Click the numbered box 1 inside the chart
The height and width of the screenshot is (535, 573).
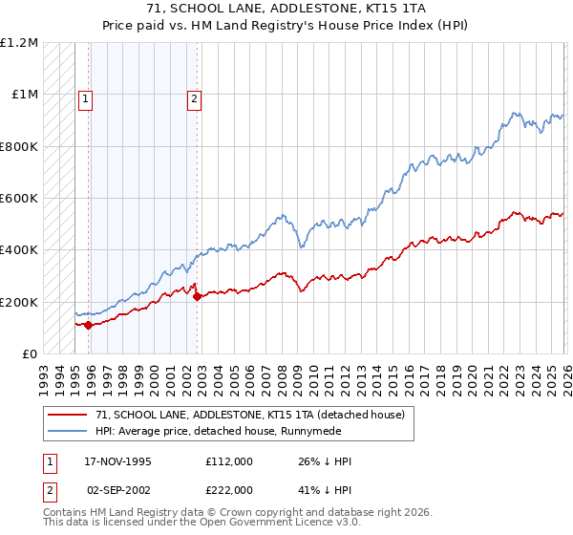click(86, 98)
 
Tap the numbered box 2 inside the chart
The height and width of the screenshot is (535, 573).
click(194, 98)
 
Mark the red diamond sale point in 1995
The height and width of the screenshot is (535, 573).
click(89, 325)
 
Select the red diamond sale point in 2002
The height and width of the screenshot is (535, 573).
click(197, 296)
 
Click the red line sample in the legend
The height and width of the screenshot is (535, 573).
click(69, 415)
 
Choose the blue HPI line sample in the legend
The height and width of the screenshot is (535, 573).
click(69, 431)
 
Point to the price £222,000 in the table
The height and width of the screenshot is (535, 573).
click(228, 489)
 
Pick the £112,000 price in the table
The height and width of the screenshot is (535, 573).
click(228, 461)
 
